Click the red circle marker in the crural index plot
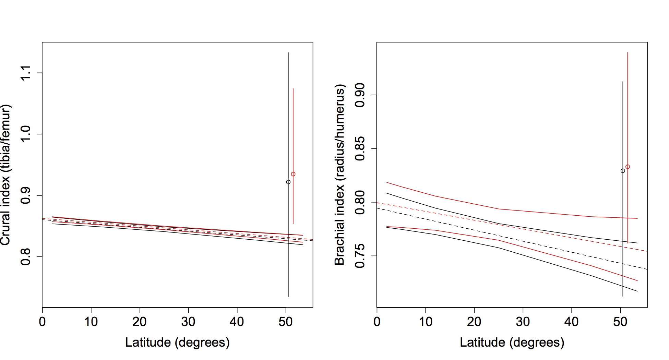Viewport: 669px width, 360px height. tap(293, 174)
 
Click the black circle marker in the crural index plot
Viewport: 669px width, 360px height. tap(288, 182)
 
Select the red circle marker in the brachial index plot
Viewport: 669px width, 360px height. tap(628, 167)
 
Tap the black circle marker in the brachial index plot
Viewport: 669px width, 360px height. tap(623, 171)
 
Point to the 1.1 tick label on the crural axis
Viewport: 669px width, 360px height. tap(26, 73)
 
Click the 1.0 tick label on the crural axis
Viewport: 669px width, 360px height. tap(26, 134)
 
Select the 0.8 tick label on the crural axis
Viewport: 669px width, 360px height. tap(26, 256)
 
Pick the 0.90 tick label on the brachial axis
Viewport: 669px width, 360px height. tap(360, 95)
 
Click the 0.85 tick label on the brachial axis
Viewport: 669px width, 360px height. tap(360, 149)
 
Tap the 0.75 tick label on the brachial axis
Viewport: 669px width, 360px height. tap(360, 256)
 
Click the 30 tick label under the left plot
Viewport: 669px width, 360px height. tap(188, 322)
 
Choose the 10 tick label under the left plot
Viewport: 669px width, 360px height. tap(91, 322)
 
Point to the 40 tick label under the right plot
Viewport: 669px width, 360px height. tap(571, 322)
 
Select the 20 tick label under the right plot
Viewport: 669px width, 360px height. tap(474, 322)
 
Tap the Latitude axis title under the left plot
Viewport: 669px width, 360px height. tap(177, 343)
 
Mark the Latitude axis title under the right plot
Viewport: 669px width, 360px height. tap(512, 343)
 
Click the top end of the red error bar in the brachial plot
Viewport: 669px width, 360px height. tap(628, 52)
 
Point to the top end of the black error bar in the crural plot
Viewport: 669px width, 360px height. tap(288, 53)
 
